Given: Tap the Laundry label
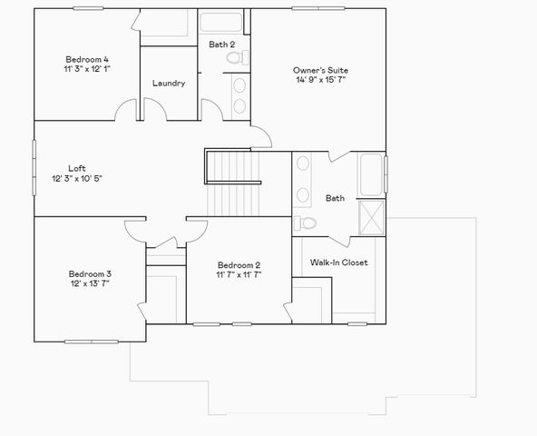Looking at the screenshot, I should click(169, 84).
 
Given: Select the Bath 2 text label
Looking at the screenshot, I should click(222, 44).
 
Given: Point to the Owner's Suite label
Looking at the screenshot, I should click(320, 69).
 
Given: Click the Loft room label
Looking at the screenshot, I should click(78, 167).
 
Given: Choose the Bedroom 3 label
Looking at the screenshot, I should click(90, 273).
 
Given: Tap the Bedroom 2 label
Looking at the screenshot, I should click(239, 264).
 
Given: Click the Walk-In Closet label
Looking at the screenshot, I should click(338, 263).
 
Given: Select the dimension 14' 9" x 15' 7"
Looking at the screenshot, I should click(320, 80).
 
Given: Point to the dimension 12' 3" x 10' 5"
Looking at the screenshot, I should click(78, 178).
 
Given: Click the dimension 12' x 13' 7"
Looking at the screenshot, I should click(90, 284).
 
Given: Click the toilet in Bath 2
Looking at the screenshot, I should click(238, 57).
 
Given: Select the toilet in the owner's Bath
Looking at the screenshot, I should click(306, 223).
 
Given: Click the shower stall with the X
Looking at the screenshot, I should click(372, 216).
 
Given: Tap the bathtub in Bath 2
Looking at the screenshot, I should click(223, 23).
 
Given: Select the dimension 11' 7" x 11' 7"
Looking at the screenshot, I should click(239, 275).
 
